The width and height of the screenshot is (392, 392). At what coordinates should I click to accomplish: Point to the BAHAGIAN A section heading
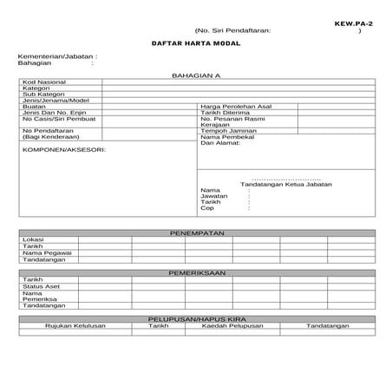tap(197, 76)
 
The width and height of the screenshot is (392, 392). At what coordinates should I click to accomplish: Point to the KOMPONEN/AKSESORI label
tap(63, 149)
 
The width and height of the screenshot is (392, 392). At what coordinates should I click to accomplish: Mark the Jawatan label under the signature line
tap(213, 196)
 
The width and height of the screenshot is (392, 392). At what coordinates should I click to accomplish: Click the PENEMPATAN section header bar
tap(197, 233)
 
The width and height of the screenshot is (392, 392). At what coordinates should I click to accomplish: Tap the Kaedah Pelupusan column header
tap(232, 325)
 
